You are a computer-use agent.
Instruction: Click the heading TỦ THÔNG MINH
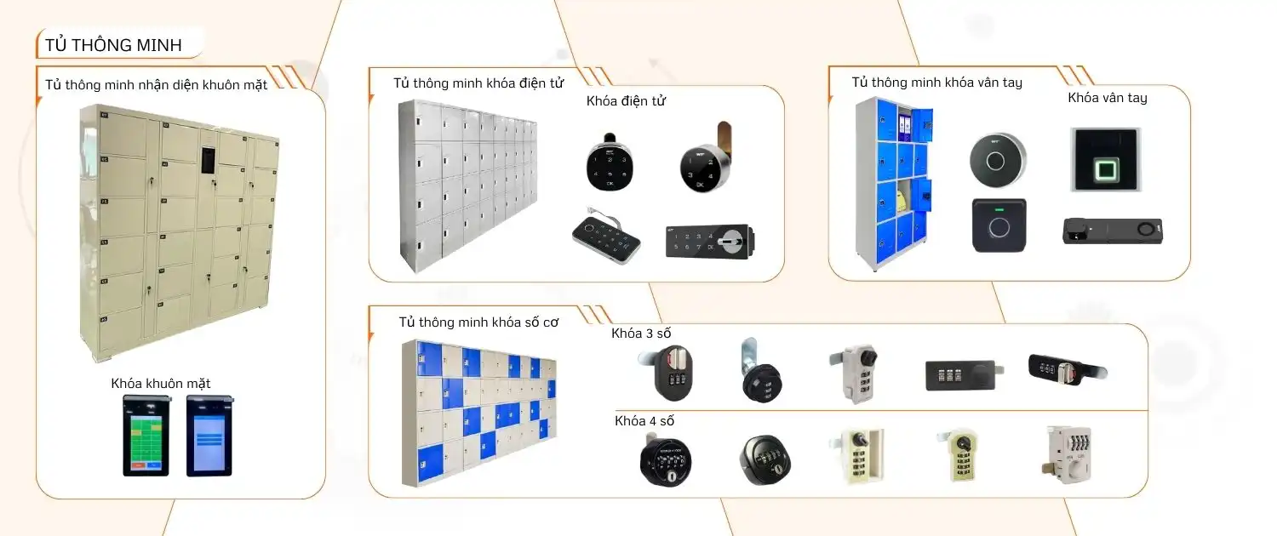point(113,45)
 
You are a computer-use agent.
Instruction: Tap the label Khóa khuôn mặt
point(161,383)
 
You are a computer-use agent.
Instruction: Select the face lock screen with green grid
point(146,435)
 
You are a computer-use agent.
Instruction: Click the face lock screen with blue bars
point(209,435)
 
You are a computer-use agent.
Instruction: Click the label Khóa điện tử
point(626,101)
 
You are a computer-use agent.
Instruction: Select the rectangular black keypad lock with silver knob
point(710,242)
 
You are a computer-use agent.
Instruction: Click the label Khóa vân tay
point(1107,98)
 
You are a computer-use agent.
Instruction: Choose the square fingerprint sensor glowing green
point(1106,159)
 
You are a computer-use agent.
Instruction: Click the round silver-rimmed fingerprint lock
point(998,159)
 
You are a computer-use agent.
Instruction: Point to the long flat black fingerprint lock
point(1112,231)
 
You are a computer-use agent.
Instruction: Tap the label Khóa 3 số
point(641,333)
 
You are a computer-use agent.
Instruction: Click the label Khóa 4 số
point(644,420)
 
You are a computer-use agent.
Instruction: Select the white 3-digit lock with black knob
point(853,372)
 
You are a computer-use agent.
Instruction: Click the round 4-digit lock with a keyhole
point(665,463)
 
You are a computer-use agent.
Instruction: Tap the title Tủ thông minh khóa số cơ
point(478,322)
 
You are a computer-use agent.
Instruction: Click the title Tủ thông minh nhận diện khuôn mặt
point(157,84)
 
